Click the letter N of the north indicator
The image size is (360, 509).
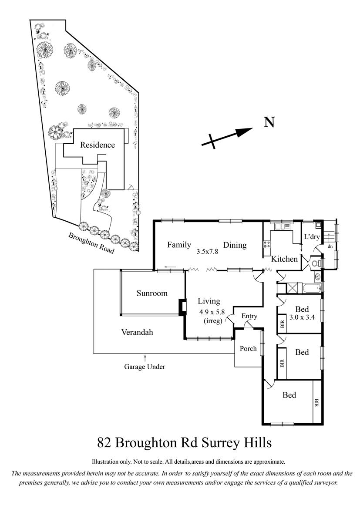click(x=269, y=122)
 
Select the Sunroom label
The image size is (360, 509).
click(x=152, y=293)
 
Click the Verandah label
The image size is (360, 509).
click(x=137, y=332)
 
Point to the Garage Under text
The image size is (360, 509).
click(x=145, y=367)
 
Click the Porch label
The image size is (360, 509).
click(x=248, y=348)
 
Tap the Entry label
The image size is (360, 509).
click(x=249, y=316)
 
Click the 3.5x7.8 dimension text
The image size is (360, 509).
click(x=208, y=252)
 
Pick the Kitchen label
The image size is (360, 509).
click(x=284, y=259)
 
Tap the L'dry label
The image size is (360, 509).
click(x=312, y=236)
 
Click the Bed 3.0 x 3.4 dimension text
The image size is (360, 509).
click(x=302, y=317)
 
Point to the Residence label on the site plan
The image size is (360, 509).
click(x=98, y=145)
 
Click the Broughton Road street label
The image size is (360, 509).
click(x=91, y=243)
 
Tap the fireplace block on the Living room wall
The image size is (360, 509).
click(x=182, y=307)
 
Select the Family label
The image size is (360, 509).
click(x=179, y=244)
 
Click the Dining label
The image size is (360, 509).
click(x=235, y=245)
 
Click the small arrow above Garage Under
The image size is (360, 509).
click(x=145, y=358)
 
